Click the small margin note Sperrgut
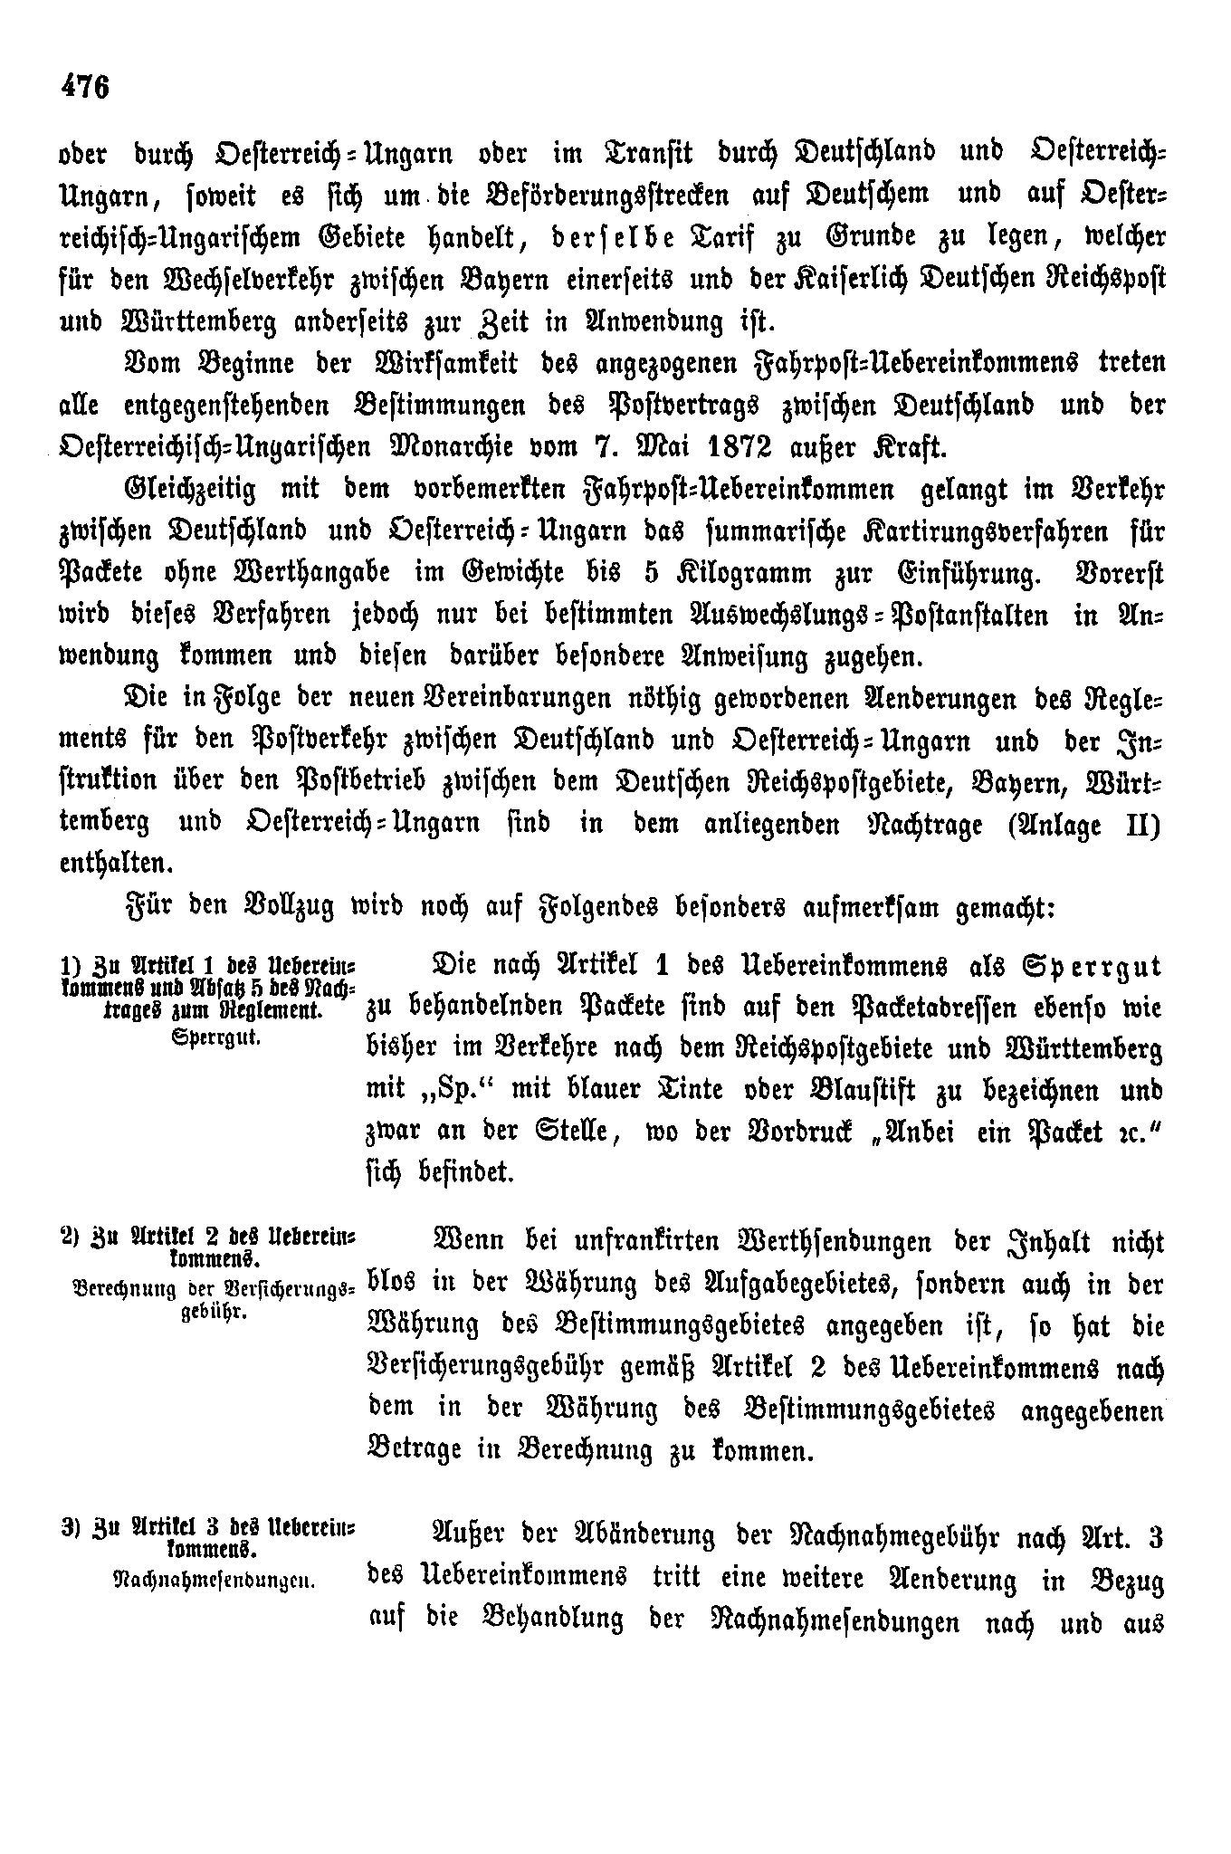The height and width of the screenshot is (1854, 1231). pos(215,1038)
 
